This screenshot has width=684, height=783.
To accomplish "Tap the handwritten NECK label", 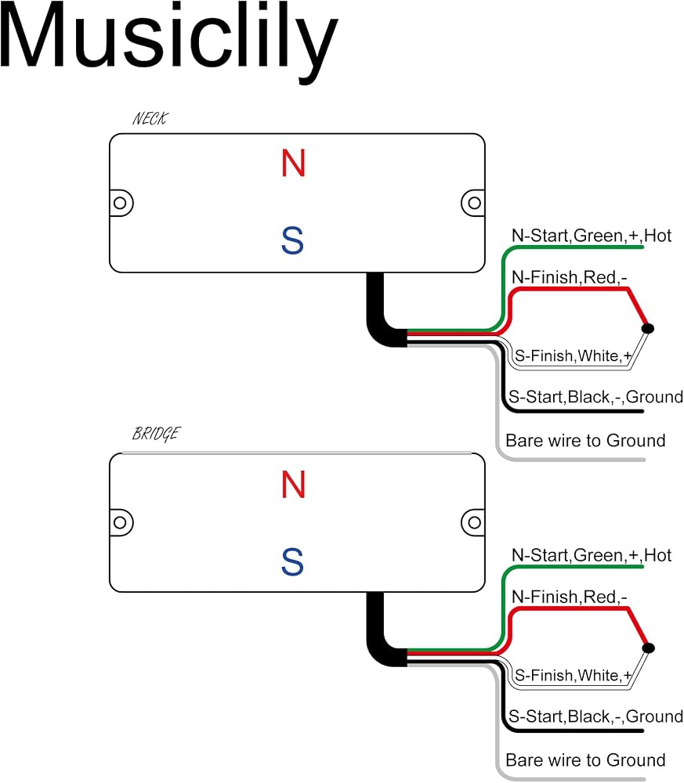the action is (150, 119).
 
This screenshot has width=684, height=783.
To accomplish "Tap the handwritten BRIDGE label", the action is (157, 434).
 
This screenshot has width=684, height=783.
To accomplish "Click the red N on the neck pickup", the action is (293, 164).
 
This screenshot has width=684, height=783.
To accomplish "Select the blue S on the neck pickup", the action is (293, 240).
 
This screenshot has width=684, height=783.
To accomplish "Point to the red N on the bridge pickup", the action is (293, 485).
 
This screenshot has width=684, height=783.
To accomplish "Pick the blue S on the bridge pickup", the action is (293, 561).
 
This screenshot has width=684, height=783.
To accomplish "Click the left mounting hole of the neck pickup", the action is (120, 204).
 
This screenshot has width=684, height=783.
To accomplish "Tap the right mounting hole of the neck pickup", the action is (474, 204).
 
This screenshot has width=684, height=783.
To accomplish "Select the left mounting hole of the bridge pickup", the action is (120, 523).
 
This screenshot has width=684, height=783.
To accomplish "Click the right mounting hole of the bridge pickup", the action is (474, 523).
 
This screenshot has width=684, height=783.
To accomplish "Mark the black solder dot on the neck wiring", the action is (647, 328).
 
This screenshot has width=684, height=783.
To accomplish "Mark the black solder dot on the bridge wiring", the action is (648, 648).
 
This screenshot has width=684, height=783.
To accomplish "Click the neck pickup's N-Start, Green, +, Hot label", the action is (591, 235).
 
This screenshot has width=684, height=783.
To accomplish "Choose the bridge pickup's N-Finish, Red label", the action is (569, 597).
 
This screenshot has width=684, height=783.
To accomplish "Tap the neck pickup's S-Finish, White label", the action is (573, 355).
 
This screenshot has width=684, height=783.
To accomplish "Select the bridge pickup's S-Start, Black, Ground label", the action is (595, 716).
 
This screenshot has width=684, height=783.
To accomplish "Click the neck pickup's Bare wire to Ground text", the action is (585, 440).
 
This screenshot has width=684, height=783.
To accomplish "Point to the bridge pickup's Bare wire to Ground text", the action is (585, 760).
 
